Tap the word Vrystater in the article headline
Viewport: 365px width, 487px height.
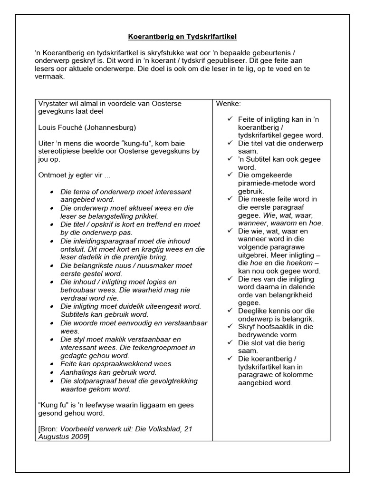(54, 103)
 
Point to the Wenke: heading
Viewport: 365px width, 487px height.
(228, 103)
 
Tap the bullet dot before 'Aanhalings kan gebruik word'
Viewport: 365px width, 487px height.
(52, 372)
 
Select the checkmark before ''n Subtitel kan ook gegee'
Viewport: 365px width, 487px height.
(230, 159)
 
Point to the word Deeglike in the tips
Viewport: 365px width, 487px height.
(254, 311)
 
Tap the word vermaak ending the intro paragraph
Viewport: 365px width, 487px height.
(50, 77)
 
